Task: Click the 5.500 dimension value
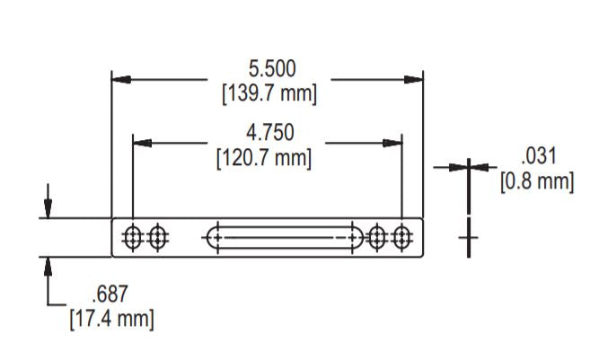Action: click(271, 68)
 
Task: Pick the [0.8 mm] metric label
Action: click(536, 181)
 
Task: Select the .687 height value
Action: click(111, 294)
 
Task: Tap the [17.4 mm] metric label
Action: click(111, 318)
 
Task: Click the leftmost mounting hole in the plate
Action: click(133, 238)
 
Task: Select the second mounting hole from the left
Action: click(158, 238)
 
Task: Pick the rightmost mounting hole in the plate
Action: click(401, 238)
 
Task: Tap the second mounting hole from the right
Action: click(377, 238)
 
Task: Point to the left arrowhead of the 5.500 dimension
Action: click(120, 80)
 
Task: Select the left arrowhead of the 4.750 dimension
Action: click(142, 143)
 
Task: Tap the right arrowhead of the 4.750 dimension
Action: click(392, 143)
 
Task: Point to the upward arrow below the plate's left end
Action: click(48, 268)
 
